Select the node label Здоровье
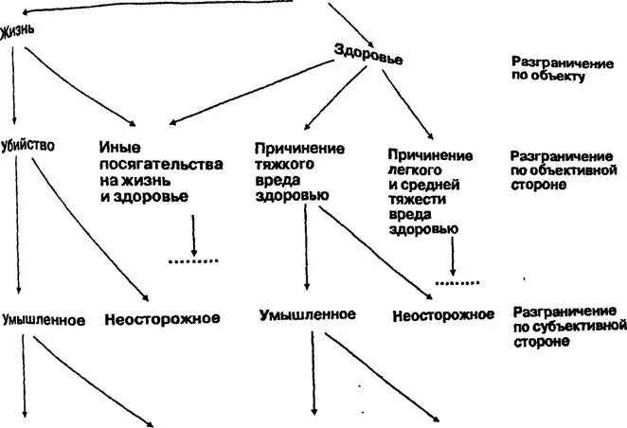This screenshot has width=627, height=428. (x=368, y=53)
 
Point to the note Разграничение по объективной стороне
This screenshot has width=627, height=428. (x=551, y=169)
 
